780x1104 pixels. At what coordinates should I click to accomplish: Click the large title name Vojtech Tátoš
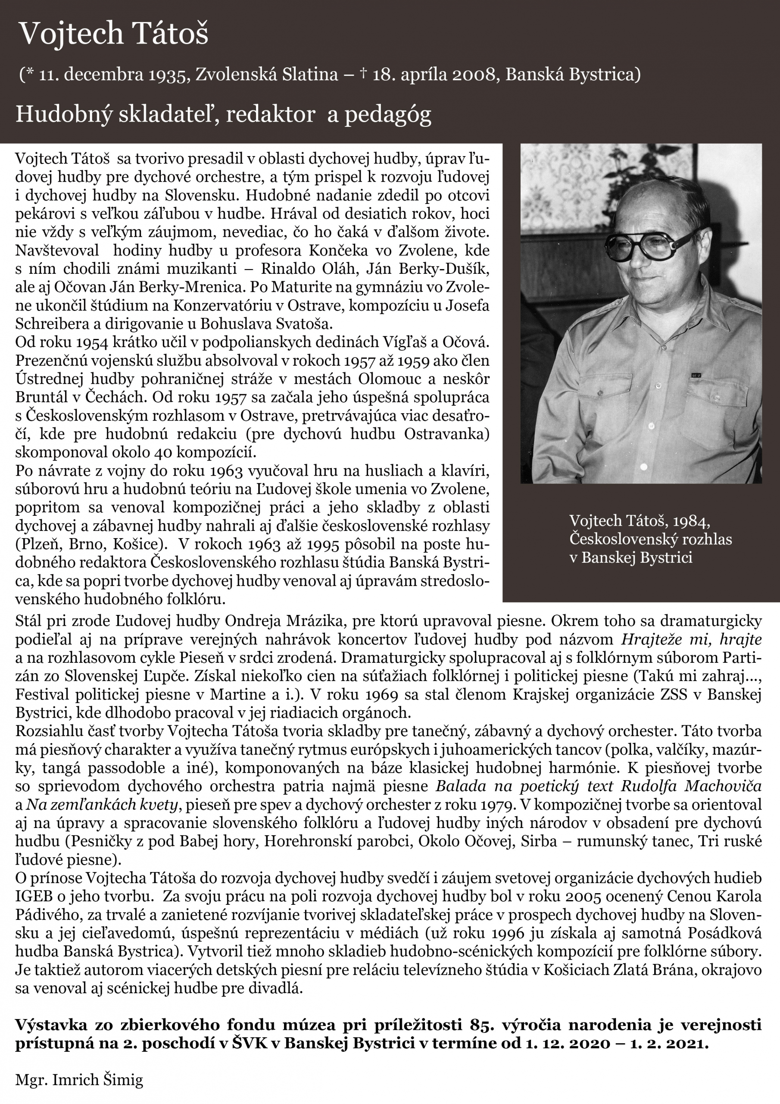113,34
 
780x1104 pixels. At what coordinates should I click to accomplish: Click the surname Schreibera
53,323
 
